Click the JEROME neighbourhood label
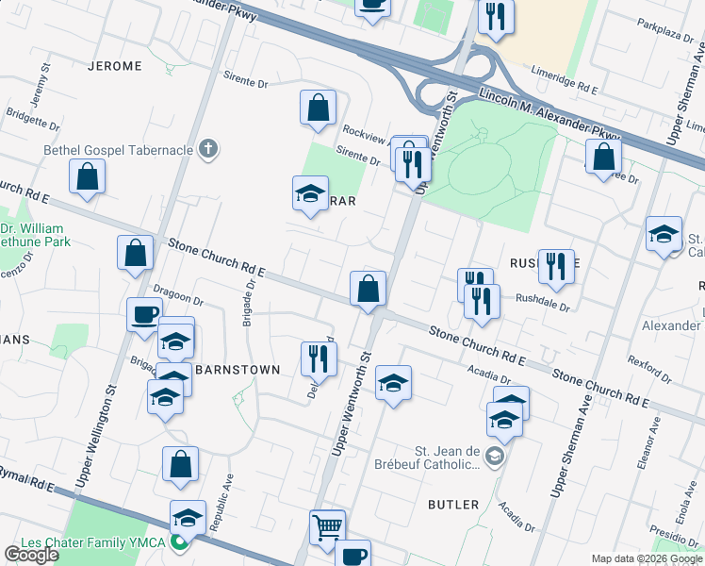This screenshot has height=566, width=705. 114,66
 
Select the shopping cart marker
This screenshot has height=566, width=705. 327,527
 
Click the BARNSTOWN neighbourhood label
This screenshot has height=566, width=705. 237,370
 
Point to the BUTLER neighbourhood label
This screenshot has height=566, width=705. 453,505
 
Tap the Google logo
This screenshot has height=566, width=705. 31,555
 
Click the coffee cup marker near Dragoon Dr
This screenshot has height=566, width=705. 144,314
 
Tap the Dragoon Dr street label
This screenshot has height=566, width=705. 177,299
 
